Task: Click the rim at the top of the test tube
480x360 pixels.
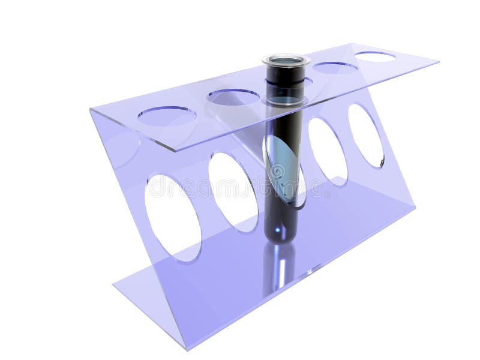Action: (286, 60)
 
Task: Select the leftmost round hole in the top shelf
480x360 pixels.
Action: (166, 115)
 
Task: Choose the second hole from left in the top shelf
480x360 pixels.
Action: (233, 97)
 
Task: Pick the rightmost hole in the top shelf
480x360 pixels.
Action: (375, 56)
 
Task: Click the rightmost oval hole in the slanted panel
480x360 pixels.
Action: (365, 136)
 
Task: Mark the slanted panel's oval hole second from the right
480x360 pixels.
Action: (328, 151)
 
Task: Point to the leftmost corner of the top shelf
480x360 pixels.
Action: (91, 110)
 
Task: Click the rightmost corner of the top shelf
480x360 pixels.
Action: (439, 61)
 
